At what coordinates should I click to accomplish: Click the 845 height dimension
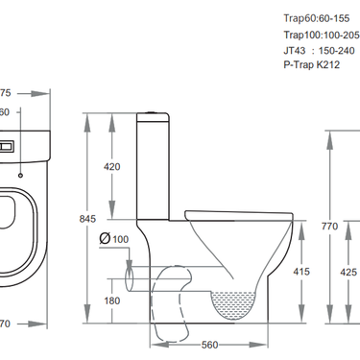click(x=87, y=218)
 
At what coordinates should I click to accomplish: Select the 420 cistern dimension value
click(x=111, y=167)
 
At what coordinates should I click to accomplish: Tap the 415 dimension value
click(x=301, y=273)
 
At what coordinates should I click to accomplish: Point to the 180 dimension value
click(x=111, y=301)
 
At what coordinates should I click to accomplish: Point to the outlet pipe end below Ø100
click(x=132, y=280)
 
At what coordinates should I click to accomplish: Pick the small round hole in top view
click(x=20, y=175)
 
